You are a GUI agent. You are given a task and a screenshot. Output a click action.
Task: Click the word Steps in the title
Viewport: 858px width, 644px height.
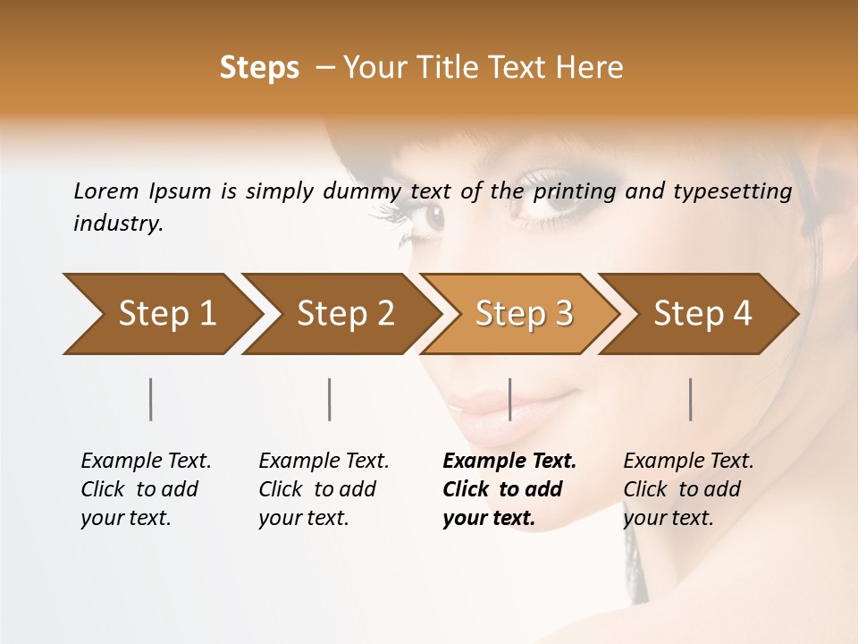coord(259,68)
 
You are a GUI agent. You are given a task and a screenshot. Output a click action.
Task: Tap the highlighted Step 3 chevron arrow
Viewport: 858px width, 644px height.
coord(524,314)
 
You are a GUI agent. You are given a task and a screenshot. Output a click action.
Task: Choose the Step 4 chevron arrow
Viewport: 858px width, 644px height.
coord(702,314)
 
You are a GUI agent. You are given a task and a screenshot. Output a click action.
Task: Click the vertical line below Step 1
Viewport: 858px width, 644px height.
coord(151,399)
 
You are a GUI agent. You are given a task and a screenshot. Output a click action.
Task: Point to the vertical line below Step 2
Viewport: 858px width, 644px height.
coord(330,399)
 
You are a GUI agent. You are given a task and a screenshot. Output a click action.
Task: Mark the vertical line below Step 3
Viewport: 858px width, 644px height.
coord(509,399)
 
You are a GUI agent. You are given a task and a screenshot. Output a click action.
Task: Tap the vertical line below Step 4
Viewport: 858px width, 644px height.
coord(691,399)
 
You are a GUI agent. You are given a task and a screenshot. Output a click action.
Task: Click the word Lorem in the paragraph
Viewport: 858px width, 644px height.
coord(106,191)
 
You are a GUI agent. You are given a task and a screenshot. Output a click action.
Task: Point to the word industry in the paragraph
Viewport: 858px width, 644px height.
coord(118,224)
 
